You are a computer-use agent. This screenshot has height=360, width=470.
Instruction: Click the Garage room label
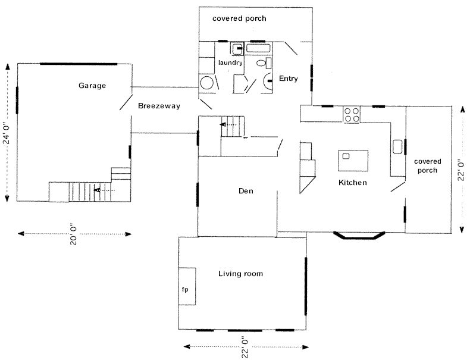(92, 86)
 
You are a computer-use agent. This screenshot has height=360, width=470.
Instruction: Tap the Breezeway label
(159, 106)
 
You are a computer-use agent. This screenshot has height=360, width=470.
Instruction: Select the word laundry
(230, 62)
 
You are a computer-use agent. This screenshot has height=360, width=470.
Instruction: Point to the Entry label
(289, 79)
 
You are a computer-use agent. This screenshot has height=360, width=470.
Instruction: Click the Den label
(246, 191)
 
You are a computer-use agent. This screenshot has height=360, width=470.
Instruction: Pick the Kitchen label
(352, 183)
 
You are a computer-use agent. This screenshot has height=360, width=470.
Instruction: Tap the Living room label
(240, 273)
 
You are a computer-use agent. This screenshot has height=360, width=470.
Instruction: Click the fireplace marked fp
(187, 287)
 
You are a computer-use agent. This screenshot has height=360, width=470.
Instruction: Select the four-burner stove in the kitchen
(352, 115)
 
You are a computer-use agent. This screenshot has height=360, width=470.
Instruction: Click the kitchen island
(353, 161)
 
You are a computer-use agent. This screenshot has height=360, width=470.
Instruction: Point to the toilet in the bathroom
(264, 63)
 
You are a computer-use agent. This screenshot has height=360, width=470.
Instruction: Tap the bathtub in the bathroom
(259, 48)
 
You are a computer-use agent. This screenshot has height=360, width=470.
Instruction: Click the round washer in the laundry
(207, 83)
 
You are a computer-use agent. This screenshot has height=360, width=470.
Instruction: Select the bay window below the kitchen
(359, 236)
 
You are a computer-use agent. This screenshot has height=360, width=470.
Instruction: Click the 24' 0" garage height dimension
(7, 133)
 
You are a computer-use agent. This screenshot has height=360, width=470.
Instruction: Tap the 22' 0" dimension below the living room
(246, 347)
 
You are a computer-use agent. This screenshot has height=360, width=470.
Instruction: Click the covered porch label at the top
(239, 18)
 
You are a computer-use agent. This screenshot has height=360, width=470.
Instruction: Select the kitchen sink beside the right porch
(397, 146)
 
